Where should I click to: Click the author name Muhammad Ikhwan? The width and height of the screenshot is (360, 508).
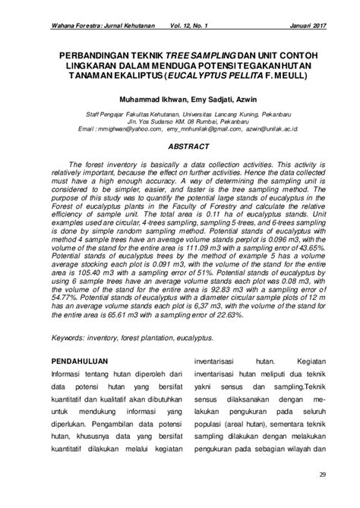pos(141,99)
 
